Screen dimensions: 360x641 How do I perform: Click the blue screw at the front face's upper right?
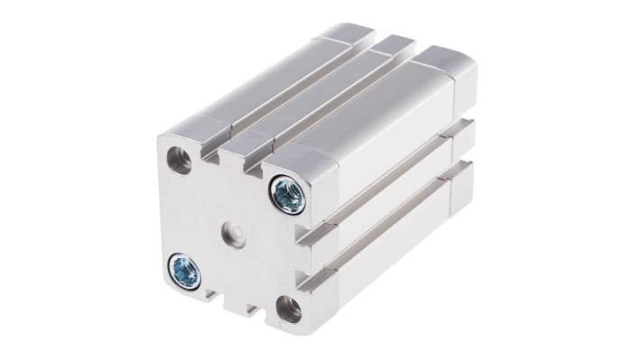(287, 194)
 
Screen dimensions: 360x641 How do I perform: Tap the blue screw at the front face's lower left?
(184, 270)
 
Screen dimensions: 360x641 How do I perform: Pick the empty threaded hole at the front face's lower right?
(288, 309)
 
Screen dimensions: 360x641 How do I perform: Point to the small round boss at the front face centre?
(233, 234)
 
